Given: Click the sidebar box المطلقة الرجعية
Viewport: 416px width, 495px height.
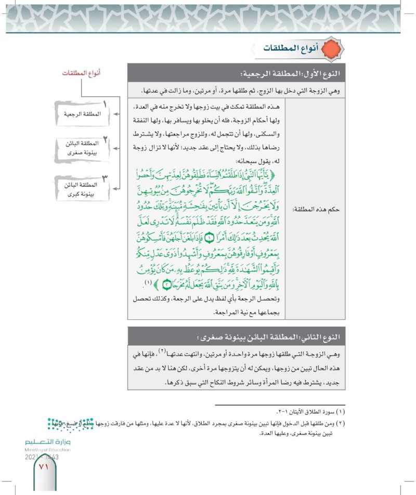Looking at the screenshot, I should [x=79, y=112].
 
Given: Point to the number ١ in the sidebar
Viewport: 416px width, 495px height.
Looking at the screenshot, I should [x=105, y=104].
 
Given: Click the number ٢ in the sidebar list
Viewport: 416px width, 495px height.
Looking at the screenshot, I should [x=105, y=139].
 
